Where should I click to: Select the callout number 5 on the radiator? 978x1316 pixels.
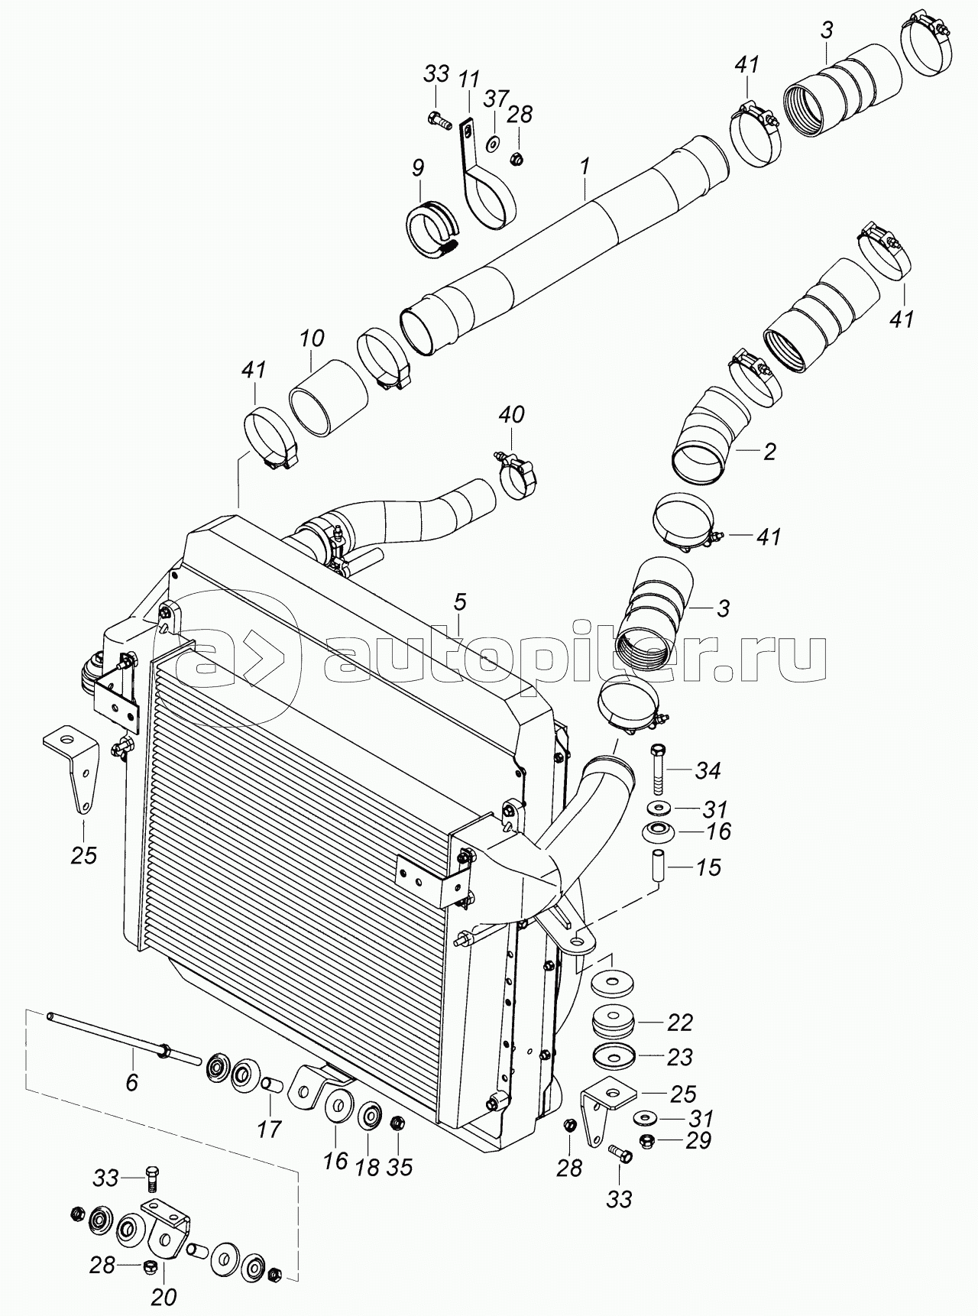[459, 601]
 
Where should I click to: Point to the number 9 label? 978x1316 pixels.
[418, 168]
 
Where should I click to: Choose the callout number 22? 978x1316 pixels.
[679, 1022]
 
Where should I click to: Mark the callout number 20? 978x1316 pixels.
[165, 1297]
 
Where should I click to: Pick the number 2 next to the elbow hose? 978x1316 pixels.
[769, 452]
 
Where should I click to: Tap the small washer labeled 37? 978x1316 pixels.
[494, 141]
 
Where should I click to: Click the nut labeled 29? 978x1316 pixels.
[644, 1141]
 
